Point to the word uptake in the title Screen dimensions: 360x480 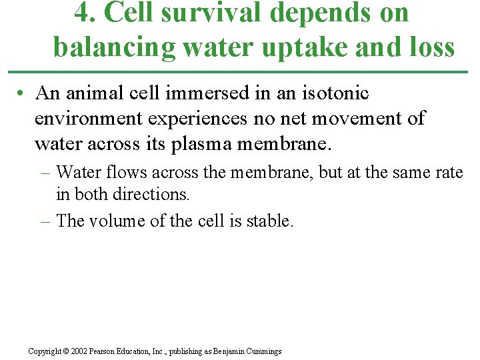click(x=302, y=47)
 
